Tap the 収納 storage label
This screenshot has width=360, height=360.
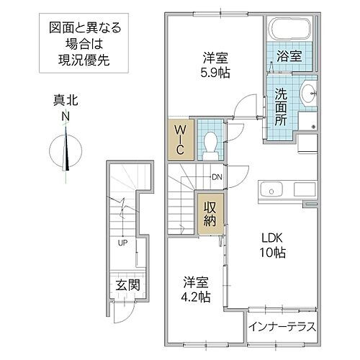click(x=210, y=214)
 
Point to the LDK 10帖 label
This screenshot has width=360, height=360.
click(x=271, y=246)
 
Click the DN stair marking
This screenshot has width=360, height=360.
click(x=217, y=177)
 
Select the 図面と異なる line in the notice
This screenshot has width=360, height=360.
click(x=85, y=30)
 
